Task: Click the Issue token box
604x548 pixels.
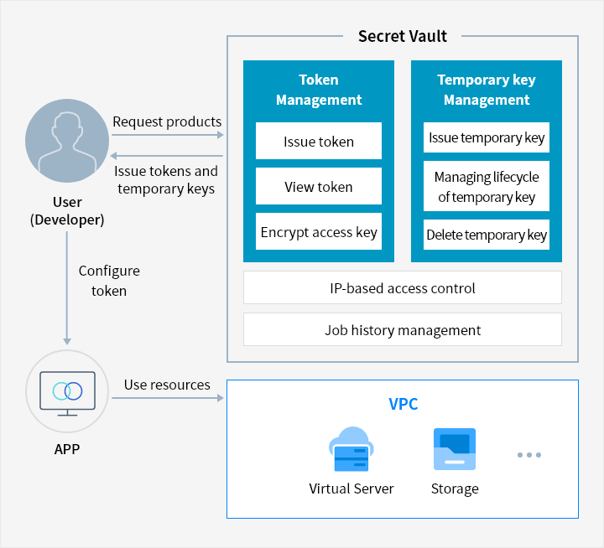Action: [x=319, y=141]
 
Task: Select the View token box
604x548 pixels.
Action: [x=319, y=186]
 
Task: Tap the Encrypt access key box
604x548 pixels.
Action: [x=319, y=231]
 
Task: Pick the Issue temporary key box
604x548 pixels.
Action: [x=486, y=137]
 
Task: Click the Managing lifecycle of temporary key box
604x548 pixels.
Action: [x=486, y=186]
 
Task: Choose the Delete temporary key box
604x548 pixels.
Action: [x=486, y=235]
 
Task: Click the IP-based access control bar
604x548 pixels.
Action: [x=403, y=288]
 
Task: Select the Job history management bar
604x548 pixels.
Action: [x=403, y=330]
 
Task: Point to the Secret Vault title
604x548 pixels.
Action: [x=403, y=36]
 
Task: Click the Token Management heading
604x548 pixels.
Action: [x=319, y=90]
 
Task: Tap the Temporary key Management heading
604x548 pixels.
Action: [x=486, y=90]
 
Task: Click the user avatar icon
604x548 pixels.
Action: [x=67, y=141]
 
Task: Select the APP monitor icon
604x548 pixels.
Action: [x=67, y=393]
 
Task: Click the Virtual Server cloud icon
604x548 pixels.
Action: [x=351, y=449]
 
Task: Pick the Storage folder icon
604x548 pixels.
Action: [x=455, y=449]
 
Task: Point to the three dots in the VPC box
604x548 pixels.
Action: [x=529, y=455]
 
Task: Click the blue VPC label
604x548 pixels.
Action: [x=403, y=404]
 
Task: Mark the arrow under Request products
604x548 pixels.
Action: [x=168, y=135]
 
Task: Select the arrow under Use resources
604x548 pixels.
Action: [x=168, y=398]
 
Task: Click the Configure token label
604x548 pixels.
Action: [x=109, y=281]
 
